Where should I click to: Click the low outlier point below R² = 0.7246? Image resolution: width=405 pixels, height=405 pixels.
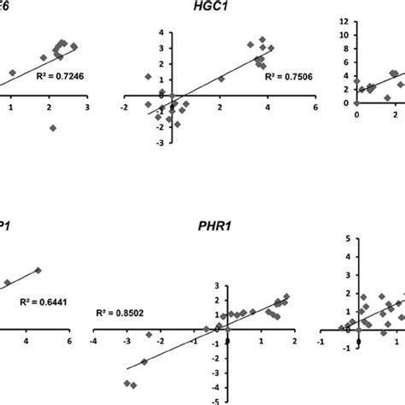(53, 127)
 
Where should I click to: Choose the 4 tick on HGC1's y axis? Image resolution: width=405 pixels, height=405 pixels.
(161, 32)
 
